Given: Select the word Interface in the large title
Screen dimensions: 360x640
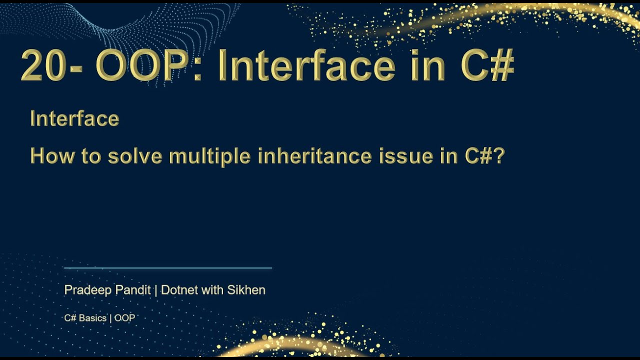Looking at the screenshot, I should (306, 66).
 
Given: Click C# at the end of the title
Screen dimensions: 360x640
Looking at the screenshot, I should (487, 66).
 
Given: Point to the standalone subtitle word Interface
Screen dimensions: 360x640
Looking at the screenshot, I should (74, 119).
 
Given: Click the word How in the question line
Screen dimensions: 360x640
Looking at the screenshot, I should (46, 156).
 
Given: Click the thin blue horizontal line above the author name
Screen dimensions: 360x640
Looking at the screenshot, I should (168, 268).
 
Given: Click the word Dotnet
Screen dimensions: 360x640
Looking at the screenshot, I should (178, 290).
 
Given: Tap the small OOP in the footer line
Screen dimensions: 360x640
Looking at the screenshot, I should (125, 318).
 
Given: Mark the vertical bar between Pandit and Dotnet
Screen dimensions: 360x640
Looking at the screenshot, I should (155, 290).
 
